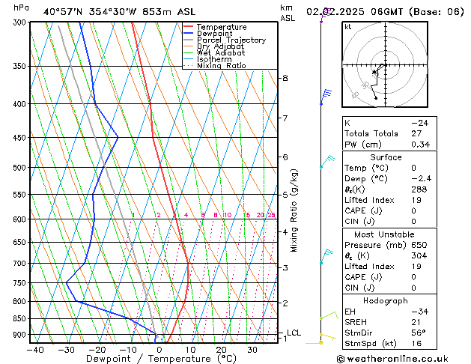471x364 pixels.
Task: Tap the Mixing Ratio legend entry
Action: coord(221,66)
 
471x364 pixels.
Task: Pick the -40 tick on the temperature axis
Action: coord(35,350)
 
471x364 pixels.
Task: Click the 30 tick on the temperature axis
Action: coord(252,350)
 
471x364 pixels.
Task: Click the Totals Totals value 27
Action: coord(416,133)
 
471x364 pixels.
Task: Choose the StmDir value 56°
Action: coord(417,333)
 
